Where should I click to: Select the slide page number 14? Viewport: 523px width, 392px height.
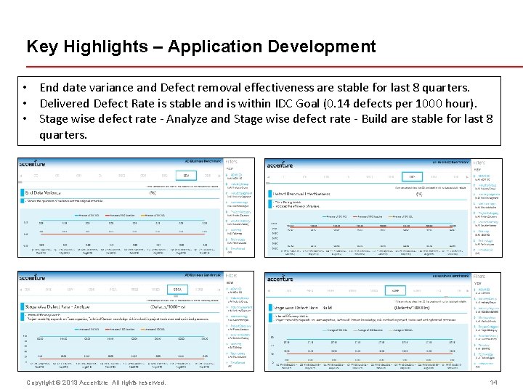point(494,383)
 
